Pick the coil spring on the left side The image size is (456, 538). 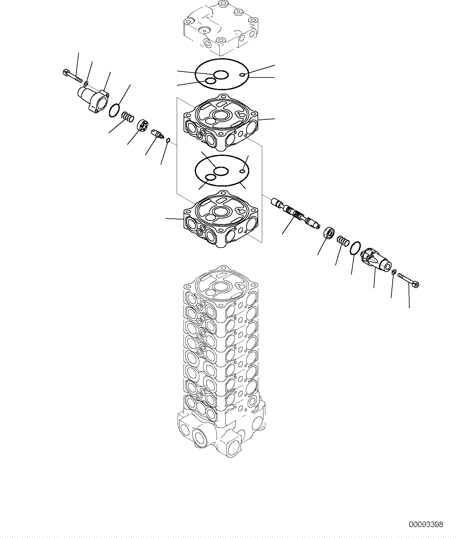click(x=127, y=117)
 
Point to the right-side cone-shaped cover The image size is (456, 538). click(x=376, y=261)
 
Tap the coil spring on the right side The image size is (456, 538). click(x=342, y=240)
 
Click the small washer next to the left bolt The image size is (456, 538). click(x=86, y=83)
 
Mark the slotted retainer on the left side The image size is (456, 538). click(x=143, y=126)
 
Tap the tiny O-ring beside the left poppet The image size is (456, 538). click(x=168, y=141)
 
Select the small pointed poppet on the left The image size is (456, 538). click(x=158, y=135)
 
